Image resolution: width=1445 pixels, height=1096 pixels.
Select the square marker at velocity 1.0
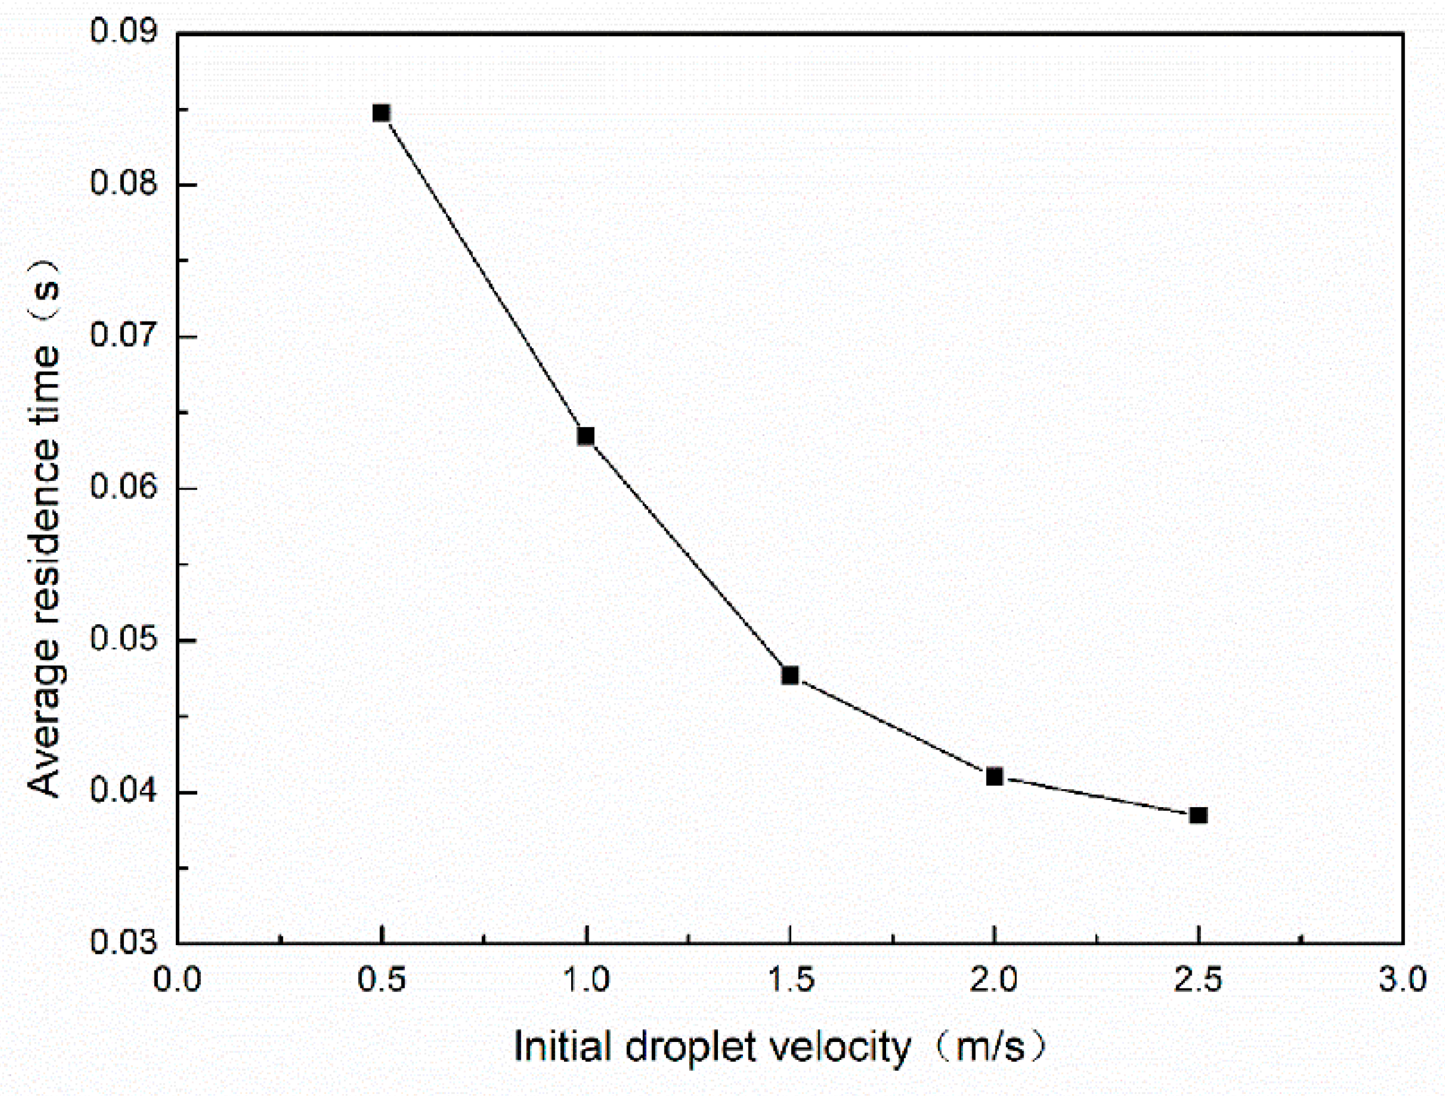[x=586, y=436]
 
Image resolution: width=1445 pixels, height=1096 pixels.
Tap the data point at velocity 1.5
[x=790, y=675]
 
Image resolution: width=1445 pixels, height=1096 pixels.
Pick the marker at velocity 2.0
[x=994, y=777]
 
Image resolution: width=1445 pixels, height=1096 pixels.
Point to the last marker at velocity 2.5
[x=1198, y=815]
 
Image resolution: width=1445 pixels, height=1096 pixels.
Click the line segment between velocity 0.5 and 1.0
[x=484, y=274]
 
